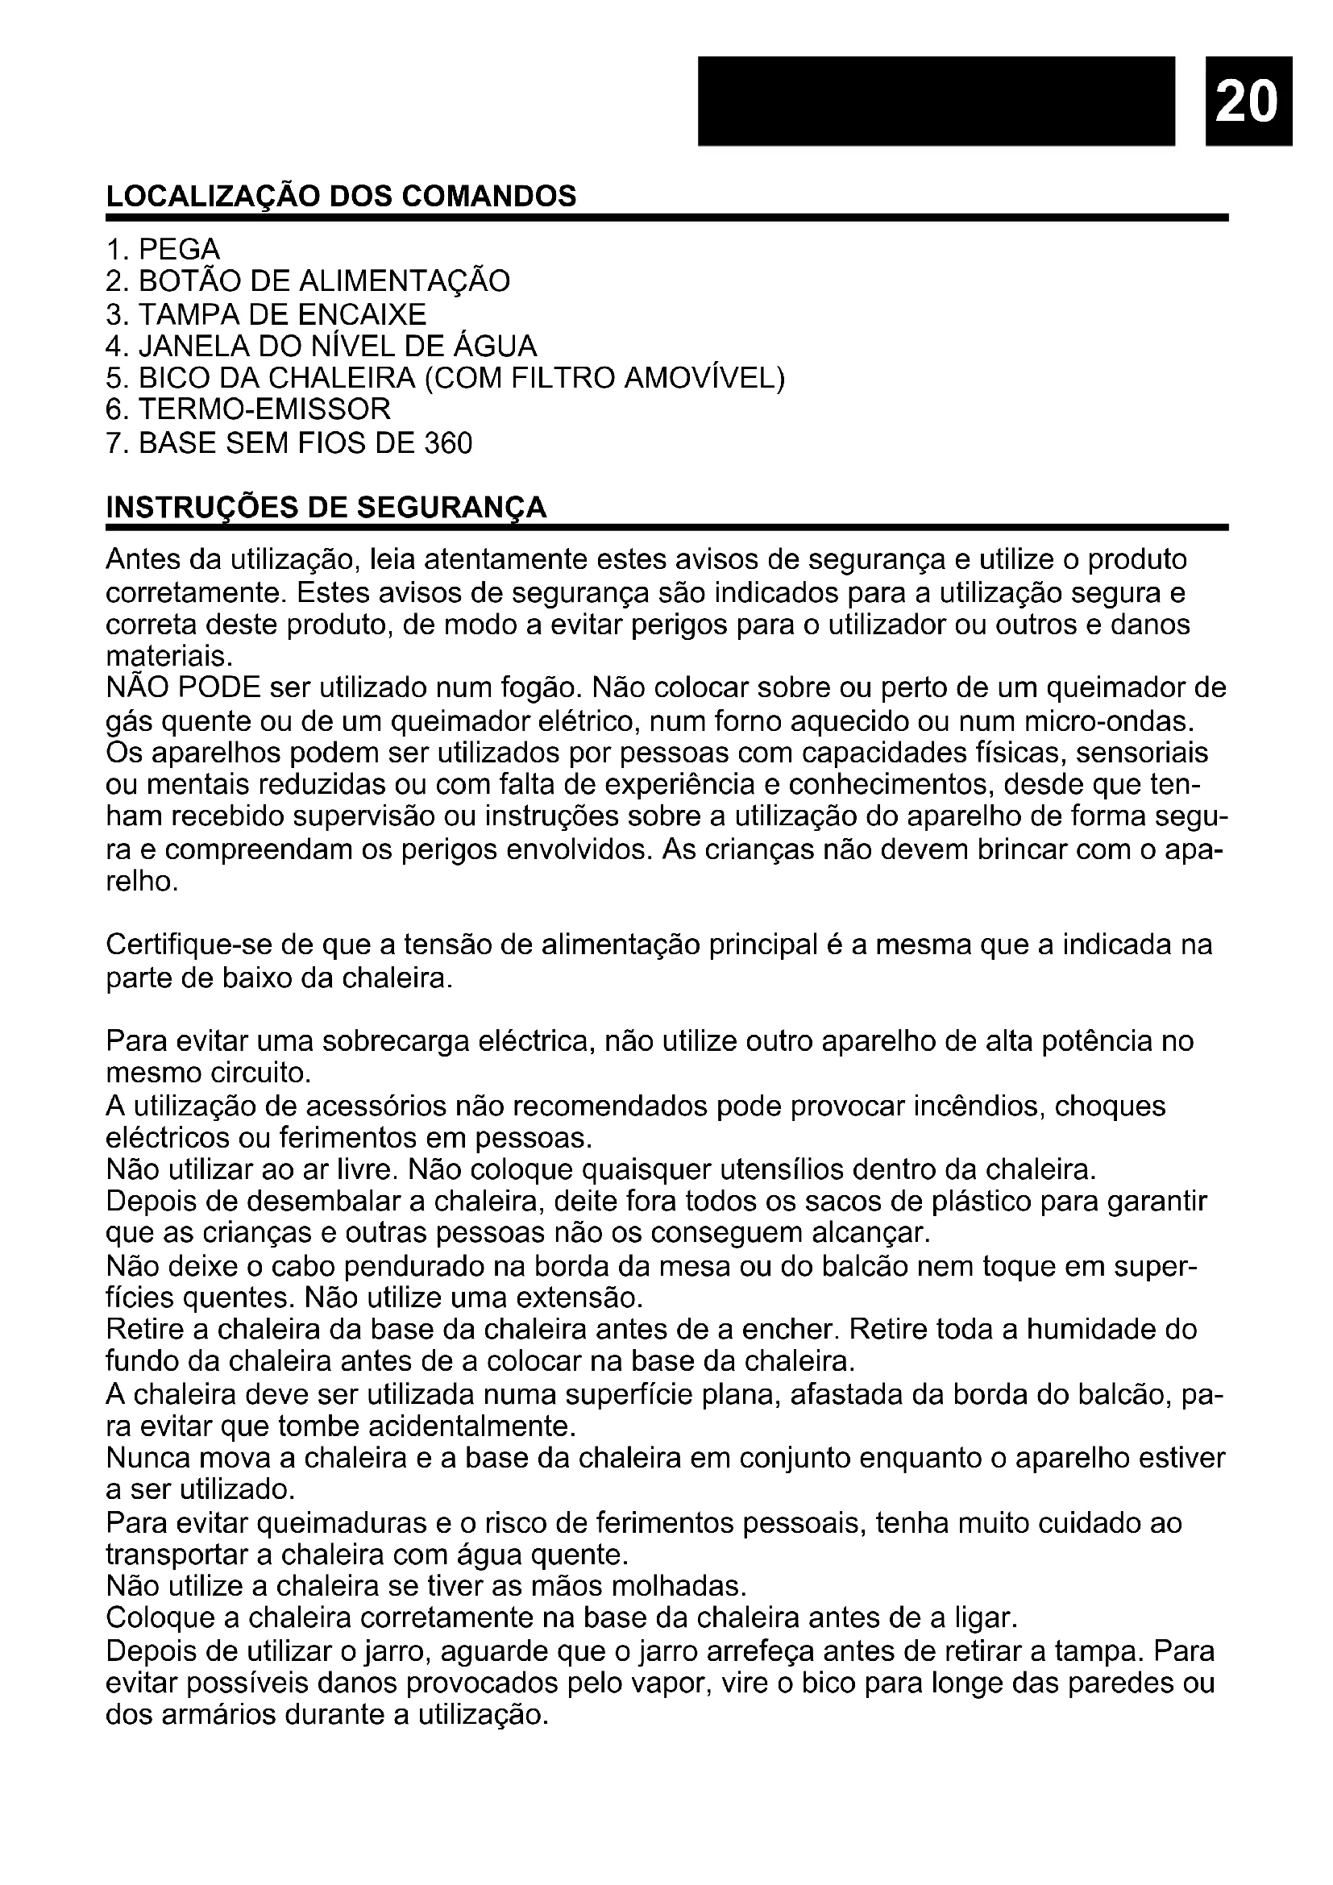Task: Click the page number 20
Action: (x=1248, y=99)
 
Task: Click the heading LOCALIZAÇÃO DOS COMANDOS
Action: (x=341, y=196)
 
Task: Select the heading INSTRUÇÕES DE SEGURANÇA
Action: (x=326, y=508)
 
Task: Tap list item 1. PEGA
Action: (x=164, y=249)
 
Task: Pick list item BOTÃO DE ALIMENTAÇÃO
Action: (x=323, y=281)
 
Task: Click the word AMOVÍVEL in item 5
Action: (x=704, y=378)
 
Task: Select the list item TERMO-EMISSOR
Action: (x=264, y=409)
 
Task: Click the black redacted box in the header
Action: (x=936, y=99)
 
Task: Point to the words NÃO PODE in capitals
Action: (x=183, y=687)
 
